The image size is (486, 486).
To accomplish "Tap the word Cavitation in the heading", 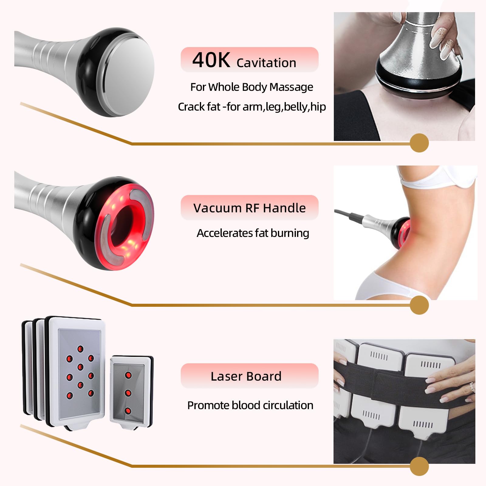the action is coord(266,63).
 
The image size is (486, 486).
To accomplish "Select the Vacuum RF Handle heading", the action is coord(250,208).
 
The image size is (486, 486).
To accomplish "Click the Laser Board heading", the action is coord(246,376).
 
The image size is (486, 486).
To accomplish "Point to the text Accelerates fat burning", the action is coord(253,233).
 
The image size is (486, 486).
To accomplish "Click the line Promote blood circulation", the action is coord(250,405).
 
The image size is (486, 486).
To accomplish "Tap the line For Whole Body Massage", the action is coord(252,87).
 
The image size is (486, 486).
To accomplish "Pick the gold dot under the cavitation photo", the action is coord(419,143).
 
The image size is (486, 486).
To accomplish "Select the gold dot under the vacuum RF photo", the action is coord(419,305).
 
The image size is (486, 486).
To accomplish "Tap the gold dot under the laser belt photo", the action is coord(419,466).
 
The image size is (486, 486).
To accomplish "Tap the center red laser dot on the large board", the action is coord(80,367).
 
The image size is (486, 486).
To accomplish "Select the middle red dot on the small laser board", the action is coord(128,393).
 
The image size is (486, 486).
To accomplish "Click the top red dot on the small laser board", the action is coord(128,375).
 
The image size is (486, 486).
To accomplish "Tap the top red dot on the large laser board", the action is coord(80,348).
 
